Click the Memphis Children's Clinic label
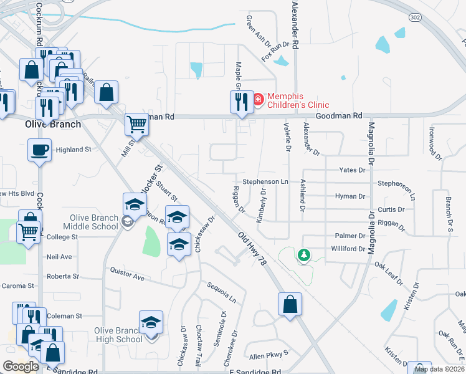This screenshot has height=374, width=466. [298, 100]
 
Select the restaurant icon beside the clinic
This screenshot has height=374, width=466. [238, 101]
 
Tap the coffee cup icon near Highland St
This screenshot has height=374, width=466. [40, 150]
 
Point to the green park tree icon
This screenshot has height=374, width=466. [303, 256]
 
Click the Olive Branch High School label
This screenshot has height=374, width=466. [118, 335]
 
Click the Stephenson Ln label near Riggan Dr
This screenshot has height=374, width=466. [265, 181]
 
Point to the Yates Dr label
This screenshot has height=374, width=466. [352, 170]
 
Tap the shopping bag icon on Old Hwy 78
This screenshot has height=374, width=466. [290, 304]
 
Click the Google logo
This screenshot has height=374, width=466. [21, 367]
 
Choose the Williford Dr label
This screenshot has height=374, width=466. [348, 249]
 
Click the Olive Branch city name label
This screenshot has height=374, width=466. [52, 124]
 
